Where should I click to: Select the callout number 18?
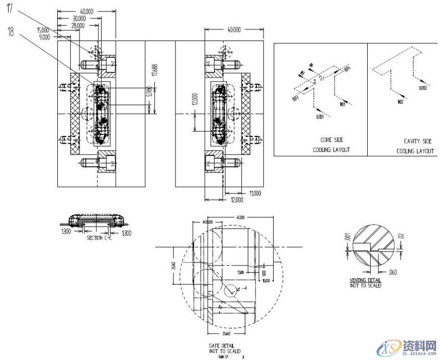(x=11, y=31)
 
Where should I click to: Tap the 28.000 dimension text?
(x=77, y=25)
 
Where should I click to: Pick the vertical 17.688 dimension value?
(x=154, y=69)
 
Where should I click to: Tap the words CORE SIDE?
(x=332, y=140)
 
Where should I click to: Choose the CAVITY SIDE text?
(x=417, y=141)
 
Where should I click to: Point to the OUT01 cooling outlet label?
(x=320, y=117)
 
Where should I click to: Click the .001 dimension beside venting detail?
(x=346, y=238)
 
